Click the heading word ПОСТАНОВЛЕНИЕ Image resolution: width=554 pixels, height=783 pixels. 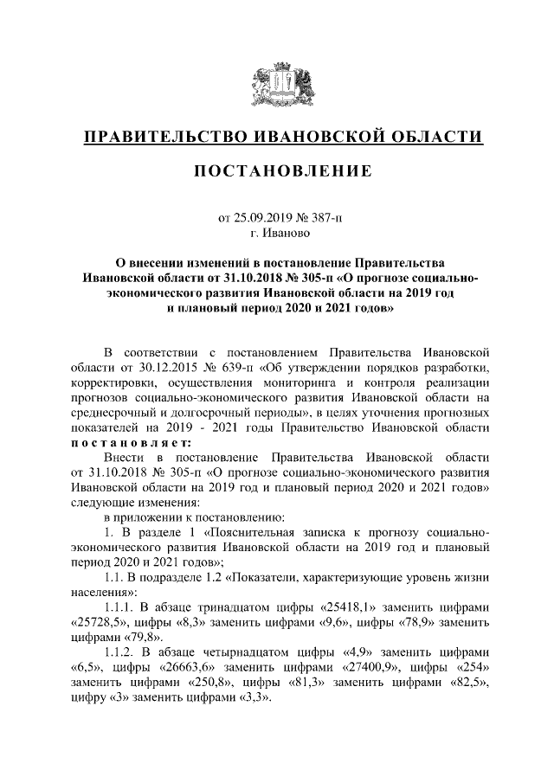click(282, 170)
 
